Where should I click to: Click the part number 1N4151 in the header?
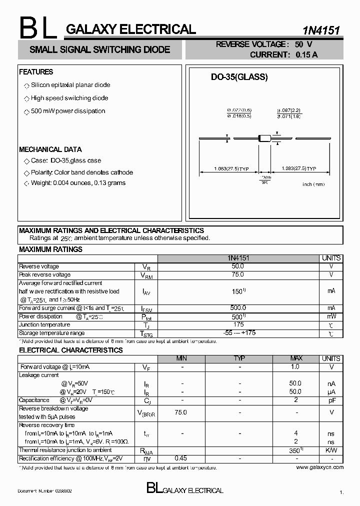[321, 30]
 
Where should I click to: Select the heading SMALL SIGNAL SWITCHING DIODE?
[100, 49]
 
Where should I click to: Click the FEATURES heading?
[36, 72]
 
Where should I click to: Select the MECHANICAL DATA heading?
[50, 149]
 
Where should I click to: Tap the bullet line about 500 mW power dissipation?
[68, 111]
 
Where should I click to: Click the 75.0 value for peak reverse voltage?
[238, 274]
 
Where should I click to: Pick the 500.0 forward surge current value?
[238, 308]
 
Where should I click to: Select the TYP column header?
[239, 358]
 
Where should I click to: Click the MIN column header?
[182, 358]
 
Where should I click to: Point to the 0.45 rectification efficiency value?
[181, 458]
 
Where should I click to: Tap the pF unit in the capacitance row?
[331, 400]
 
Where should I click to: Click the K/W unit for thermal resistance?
[331, 450]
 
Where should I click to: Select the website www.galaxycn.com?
[320, 467]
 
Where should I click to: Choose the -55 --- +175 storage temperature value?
[238, 333]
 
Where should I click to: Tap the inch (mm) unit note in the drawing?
[313, 184]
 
